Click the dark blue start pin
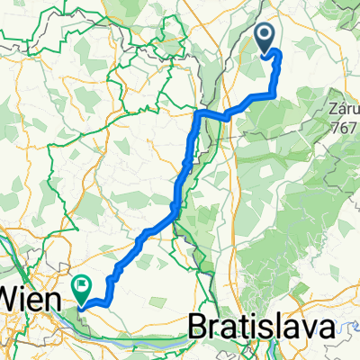266,37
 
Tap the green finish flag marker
83,290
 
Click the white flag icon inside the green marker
83,287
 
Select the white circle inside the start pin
266,34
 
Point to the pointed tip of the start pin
266,53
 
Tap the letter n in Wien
56,294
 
